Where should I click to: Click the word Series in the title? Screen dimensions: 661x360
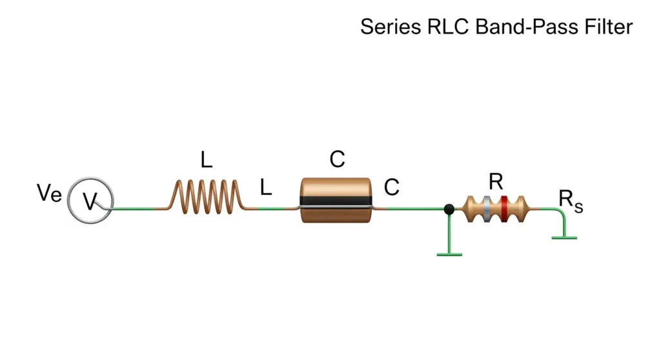[391, 27]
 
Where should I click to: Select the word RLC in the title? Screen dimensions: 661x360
[448, 27]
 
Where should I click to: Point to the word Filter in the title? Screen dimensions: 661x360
[608, 27]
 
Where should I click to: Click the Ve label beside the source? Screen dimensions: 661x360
[49, 193]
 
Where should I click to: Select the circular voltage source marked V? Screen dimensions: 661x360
[90, 201]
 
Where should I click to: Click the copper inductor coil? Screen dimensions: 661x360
[207, 196]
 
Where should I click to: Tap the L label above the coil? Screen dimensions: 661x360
[206, 160]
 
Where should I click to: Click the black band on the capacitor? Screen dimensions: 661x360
[336, 201]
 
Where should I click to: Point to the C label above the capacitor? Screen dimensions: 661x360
[337, 159]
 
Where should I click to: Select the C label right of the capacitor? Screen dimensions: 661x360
[392, 186]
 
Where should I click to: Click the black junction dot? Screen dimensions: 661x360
[449, 208]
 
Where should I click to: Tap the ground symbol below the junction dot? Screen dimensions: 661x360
[449, 254]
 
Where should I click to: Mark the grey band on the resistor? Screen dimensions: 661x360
[487, 208]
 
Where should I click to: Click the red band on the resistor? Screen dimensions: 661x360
[504, 208]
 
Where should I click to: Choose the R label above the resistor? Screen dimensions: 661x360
[496, 182]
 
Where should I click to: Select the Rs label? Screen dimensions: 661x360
[571, 201]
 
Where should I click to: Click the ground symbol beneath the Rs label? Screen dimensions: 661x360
[564, 238]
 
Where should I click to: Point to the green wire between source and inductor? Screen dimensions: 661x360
[134, 208]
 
